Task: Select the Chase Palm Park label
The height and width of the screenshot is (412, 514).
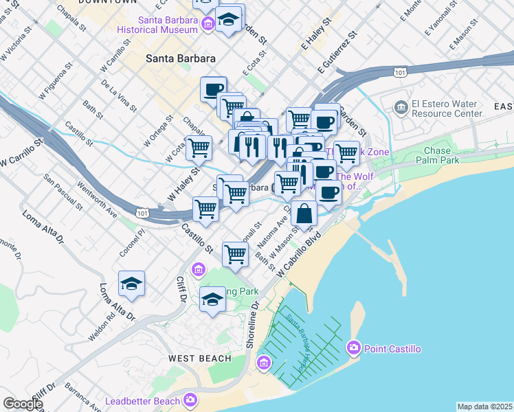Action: click(x=437, y=155)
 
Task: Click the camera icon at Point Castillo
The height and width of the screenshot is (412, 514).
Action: click(x=355, y=349)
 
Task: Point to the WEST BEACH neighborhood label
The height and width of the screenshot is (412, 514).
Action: click(x=196, y=358)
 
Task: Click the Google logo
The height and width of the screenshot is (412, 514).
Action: click(x=23, y=404)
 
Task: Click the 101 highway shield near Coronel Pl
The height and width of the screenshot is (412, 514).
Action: click(x=142, y=214)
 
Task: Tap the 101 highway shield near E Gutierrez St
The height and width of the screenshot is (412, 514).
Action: click(x=399, y=71)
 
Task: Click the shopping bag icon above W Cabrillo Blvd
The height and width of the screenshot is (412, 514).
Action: click(x=304, y=214)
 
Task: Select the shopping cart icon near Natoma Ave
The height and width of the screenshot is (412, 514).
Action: click(x=235, y=253)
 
